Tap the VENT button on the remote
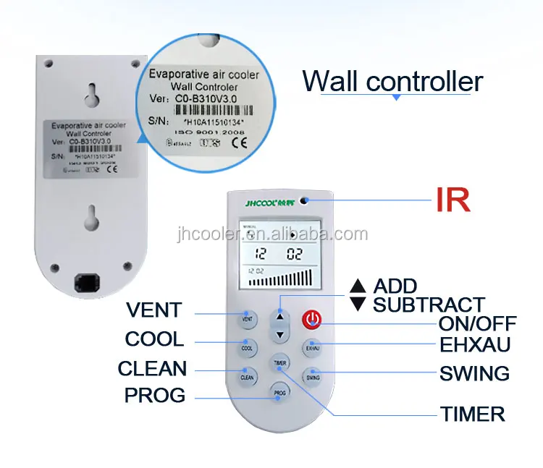247,318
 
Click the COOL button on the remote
247,347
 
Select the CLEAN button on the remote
247,375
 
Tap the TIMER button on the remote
279,362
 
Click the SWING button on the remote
313,376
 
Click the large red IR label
452,200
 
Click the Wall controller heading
392,80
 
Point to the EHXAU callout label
474,344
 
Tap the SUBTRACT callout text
428,305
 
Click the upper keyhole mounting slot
89,93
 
